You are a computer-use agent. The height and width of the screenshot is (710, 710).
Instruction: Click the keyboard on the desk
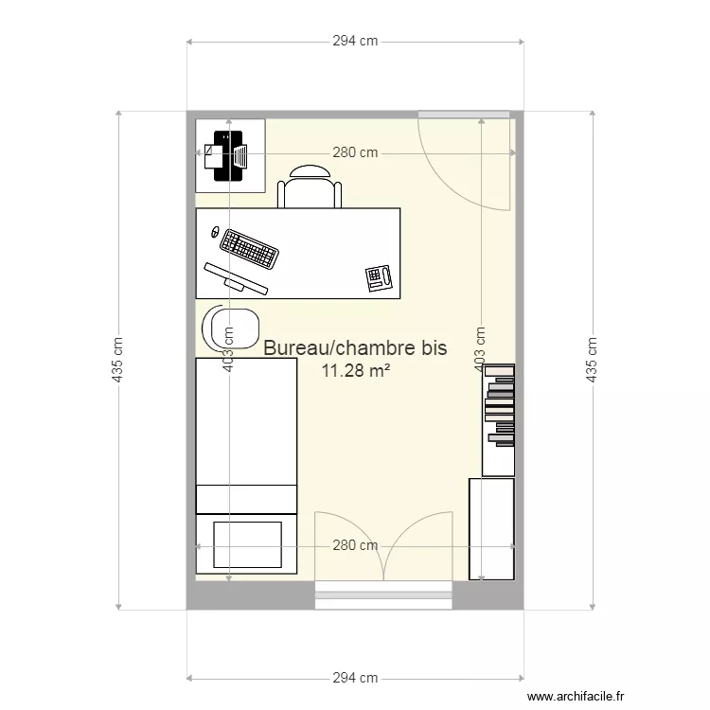(250, 249)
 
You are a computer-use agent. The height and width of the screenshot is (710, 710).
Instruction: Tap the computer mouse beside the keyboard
(215, 232)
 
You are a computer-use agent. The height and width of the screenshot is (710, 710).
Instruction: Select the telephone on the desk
(379, 278)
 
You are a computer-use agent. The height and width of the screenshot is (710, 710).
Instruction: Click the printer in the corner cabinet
(229, 155)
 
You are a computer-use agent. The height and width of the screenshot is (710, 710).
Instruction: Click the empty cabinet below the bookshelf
(491, 527)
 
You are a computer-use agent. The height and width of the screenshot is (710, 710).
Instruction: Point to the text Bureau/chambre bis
(355, 348)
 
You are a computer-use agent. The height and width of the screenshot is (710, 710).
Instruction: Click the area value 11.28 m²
(356, 370)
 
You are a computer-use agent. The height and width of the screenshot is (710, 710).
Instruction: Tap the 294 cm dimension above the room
(356, 42)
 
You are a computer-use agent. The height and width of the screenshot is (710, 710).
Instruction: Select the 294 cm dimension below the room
(356, 678)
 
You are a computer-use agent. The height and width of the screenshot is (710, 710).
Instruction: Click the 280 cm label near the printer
(355, 152)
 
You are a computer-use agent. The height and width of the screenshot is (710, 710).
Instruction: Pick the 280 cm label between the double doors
(355, 545)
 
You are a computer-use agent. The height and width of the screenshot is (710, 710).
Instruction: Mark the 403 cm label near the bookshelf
(481, 348)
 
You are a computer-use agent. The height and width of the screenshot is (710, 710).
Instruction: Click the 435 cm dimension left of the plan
(118, 360)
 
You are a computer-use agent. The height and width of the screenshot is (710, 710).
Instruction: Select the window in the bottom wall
(383, 596)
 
